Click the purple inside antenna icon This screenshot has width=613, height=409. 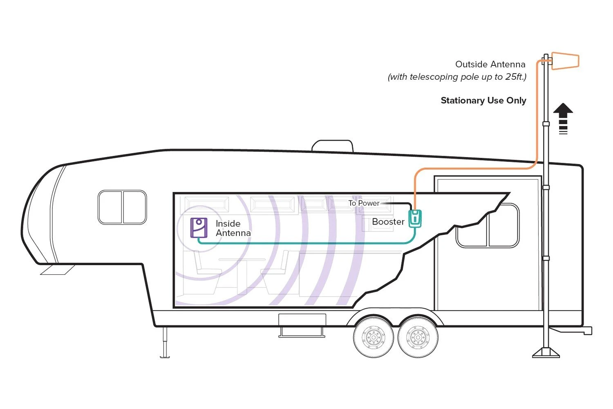199,228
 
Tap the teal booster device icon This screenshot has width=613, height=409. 415,218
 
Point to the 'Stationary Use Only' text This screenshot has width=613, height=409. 483,101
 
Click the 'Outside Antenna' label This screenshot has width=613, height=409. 490,64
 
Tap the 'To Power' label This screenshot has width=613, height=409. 364,203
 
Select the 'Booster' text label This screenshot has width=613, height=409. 388,222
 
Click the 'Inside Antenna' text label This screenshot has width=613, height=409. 233,228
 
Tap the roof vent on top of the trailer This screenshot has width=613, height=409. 332,146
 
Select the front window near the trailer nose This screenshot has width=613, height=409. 122,207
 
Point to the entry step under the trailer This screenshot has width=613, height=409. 302,326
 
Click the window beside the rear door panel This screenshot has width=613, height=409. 488,227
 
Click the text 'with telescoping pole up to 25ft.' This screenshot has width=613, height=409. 457,77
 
